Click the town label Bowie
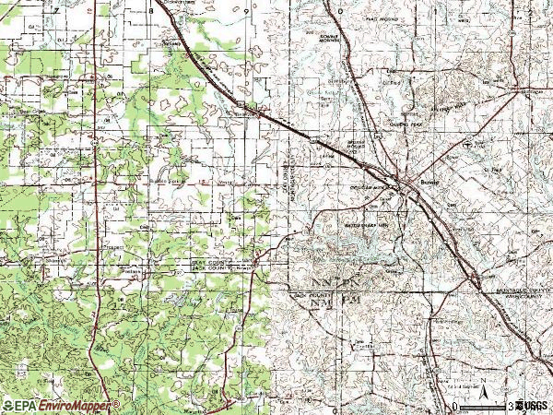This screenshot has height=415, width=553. pos(425,184)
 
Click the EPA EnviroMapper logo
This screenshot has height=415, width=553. pos(60,405)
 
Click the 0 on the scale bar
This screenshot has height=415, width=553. pos(455,406)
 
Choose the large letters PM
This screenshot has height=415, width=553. pos(348,301)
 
